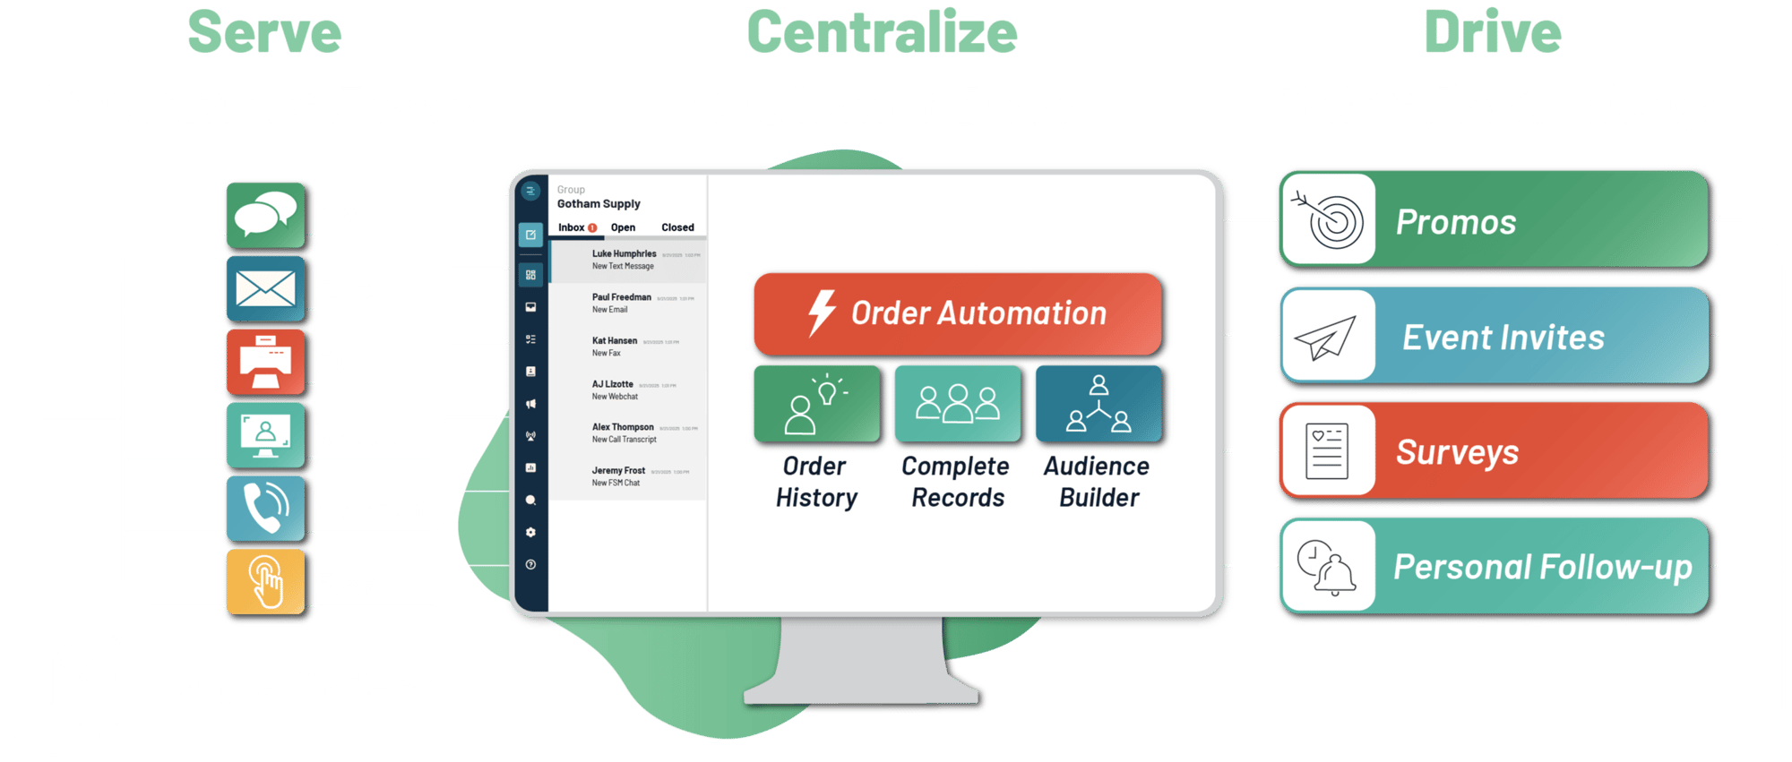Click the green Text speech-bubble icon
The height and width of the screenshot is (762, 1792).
pyautogui.click(x=265, y=215)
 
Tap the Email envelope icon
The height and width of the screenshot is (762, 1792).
pyautogui.click(x=265, y=288)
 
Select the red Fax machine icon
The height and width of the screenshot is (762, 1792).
pyautogui.click(x=265, y=363)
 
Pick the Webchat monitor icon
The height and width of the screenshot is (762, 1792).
pyautogui.click(x=265, y=436)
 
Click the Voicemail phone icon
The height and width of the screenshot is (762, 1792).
pyautogui.click(x=265, y=509)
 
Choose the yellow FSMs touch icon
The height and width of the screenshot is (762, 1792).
pyautogui.click(x=265, y=582)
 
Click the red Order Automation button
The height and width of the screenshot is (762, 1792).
pyautogui.click(x=958, y=313)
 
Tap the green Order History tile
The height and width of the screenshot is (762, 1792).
pyautogui.click(x=817, y=404)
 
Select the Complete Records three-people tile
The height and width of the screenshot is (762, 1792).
pyautogui.click(x=958, y=404)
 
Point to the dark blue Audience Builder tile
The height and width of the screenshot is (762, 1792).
pyautogui.click(x=1098, y=404)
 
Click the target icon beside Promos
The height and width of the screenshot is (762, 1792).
pyautogui.click(x=1328, y=220)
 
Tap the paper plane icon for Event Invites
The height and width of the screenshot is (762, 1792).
pyautogui.click(x=1328, y=337)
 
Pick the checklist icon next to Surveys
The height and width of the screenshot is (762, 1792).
pyautogui.click(x=1328, y=451)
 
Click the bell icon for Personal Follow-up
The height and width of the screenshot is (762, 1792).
pyautogui.click(x=1328, y=567)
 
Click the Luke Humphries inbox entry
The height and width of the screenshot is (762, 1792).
pyautogui.click(x=627, y=260)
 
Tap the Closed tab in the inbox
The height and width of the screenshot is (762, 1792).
pyautogui.click(x=677, y=227)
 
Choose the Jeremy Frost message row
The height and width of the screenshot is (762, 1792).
pyautogui.click(x=627, y=476)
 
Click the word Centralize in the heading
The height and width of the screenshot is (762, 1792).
pyautogui.click(x=883, y=33)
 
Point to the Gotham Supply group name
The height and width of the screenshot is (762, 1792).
pyautogui.click(x=599, y=204)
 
